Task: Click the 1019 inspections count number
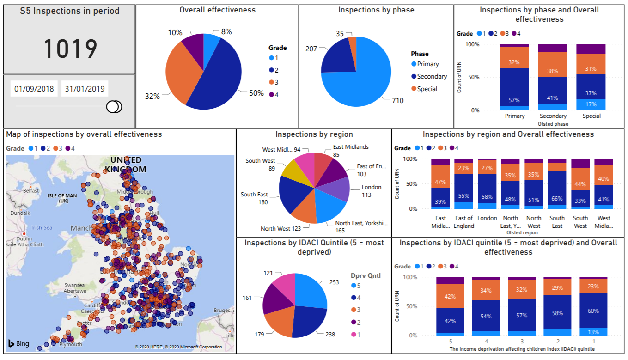tap(70, 49)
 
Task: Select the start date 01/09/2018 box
tap(34, 89)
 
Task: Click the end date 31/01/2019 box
tap(85, 89)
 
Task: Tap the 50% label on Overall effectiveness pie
tap(256, 93)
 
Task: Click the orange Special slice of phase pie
tap(353, 42)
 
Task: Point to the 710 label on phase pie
tap(397, 100)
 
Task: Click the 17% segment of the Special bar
tap(591, 104)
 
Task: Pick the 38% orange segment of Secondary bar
tap(553, 72)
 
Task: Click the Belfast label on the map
tap(31, 190)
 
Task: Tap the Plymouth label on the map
tap(71, 344)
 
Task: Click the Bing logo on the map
tap(18, 343)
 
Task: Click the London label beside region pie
tap(372, 187)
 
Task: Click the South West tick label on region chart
tap(580, 222)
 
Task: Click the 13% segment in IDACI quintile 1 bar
tap(593, 332)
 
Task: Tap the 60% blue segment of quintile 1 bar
tap(593, 311)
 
